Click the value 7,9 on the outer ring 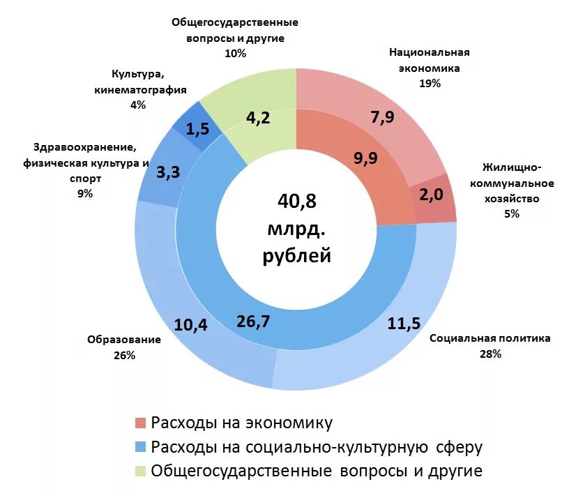click(x=382, y=117)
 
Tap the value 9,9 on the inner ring click(x=365, y=158)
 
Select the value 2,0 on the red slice click(x=431, y=195)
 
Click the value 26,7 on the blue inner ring click(x=254, y=321)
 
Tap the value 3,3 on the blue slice click(x=169, y=171)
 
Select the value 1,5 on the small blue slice click(x=198, y=128)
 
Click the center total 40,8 click(x=296, y=202)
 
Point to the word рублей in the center click(x=296, y=256)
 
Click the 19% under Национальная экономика click(x=429, y=83)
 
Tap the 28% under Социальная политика click(x=490, y=354)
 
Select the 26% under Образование click(x=124, y=355)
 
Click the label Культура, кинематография click(x=140, y=82)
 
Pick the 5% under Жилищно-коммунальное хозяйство click(x=511, y=214)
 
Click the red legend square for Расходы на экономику click(x=140, y=423)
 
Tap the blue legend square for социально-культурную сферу click(x=140, y=446)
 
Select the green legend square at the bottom click(x=140, y=470)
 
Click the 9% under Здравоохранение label click(x=85, y=193)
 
